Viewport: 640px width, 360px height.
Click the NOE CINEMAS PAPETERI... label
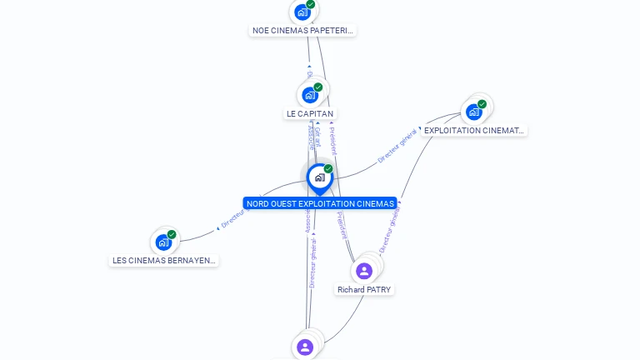click(302, 31)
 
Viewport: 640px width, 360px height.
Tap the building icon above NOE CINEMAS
click(302, 12)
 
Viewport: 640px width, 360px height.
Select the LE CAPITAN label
click(310, 113)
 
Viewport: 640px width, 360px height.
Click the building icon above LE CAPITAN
click(310, 95)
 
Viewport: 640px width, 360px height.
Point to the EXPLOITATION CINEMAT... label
click(474, 131)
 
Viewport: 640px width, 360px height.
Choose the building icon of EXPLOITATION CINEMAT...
click(474, 112)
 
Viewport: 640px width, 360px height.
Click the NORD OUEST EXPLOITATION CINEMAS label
click(320, 203)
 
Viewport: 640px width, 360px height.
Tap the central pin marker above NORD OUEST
click(319, 177)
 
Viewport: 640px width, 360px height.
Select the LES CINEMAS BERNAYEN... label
click(164, 260)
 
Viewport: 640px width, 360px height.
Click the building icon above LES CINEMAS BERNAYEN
click(163, 242)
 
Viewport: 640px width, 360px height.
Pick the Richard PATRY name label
click(364, 289)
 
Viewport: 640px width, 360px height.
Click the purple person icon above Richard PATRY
click(364, 271)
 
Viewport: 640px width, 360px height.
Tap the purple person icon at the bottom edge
click(305, 347)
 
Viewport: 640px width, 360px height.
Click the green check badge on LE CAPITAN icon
click(318, 87)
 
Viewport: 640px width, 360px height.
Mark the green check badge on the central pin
click(328, 169)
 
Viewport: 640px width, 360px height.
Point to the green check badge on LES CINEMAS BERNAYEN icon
click(172, 234)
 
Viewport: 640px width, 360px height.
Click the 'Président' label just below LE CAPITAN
click(332, 140)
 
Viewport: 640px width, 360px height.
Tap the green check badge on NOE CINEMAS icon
click(310, 4)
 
